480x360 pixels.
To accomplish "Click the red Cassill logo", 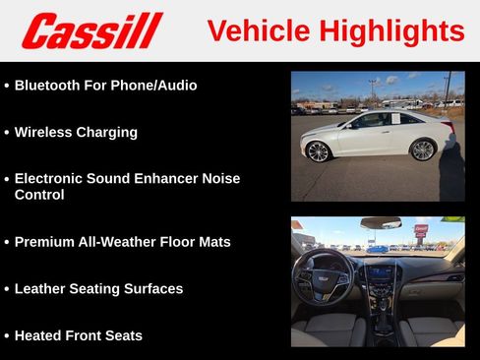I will coord(91,30).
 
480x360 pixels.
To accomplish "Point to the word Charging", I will coord(109,132).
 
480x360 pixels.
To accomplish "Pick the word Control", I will coord(39,195).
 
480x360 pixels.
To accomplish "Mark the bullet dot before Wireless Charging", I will coord(6,132).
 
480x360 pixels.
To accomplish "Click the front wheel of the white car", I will coord(318,150).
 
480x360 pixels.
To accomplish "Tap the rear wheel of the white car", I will coord(423,150).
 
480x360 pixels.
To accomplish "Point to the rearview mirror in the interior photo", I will coord(381,223).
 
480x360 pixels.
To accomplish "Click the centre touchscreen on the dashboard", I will coord(381,272).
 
